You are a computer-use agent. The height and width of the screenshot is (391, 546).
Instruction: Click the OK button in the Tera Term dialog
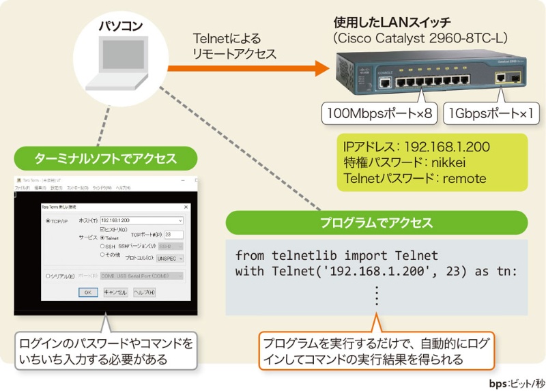(87, 292)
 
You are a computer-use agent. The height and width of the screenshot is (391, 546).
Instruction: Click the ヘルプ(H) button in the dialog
(144, 292)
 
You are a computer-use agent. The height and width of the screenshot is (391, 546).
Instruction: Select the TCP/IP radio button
(48, 221)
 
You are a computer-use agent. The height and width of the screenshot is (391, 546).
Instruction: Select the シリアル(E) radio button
(48, 276)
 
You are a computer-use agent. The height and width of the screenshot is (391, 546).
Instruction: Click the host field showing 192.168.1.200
(140, 220)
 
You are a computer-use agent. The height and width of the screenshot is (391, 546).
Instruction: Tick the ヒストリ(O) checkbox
(102, 230)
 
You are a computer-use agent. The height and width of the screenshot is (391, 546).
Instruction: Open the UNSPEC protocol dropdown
(170, 259)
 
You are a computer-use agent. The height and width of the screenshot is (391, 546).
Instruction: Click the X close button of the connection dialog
(186, 206)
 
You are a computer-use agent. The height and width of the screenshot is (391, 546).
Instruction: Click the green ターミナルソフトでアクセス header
(106, 159)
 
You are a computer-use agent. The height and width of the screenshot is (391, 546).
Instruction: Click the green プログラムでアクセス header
(377, 222)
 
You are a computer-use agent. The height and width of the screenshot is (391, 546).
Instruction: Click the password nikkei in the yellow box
(449, 163)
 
